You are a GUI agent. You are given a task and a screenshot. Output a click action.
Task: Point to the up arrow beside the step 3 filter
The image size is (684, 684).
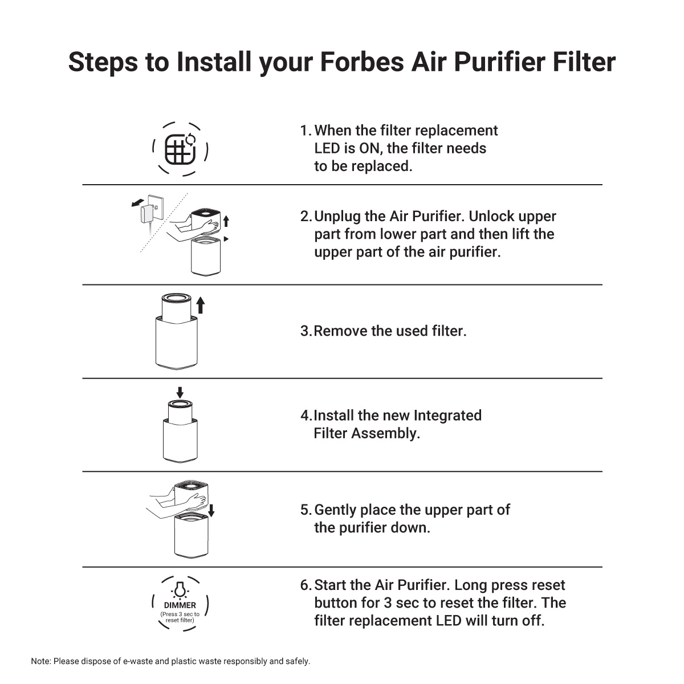click(200, 305)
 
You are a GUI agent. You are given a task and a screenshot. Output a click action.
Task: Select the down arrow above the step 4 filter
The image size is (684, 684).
click(180, 392)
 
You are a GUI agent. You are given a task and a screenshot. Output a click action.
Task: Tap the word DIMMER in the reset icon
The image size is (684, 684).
click(180, 605)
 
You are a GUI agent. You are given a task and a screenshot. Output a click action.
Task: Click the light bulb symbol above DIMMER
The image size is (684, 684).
click(180, 588)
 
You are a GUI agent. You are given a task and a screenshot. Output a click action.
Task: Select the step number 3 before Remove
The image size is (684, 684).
click(305, 331)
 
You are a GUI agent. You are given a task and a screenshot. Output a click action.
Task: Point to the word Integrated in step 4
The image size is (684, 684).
click(447, 416)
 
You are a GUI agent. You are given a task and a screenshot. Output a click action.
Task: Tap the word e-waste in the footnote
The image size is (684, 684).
click(139, 662)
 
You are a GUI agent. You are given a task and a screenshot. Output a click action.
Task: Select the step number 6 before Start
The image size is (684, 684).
click(306, 585)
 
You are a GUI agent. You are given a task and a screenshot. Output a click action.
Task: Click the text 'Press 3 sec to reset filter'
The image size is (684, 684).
click(180, 617)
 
